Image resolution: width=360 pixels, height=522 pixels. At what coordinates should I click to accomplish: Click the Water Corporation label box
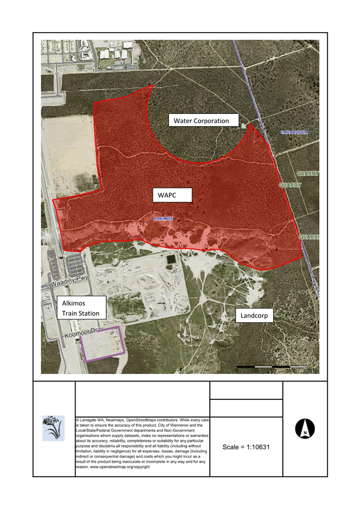click(204, 121)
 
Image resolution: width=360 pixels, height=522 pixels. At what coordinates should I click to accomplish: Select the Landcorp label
click(254, 317)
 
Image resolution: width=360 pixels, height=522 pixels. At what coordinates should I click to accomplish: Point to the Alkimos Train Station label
click(81, 308)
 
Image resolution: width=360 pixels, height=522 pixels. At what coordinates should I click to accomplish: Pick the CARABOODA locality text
click(294, 132)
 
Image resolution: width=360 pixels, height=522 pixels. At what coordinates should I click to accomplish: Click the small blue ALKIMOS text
click(163, 219)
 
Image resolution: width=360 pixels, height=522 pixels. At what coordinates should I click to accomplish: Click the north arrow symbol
click(305, 429)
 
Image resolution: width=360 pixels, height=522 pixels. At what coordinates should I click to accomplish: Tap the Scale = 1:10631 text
click(246, 447)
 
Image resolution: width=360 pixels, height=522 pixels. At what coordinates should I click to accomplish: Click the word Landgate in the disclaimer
click(90, 419)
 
